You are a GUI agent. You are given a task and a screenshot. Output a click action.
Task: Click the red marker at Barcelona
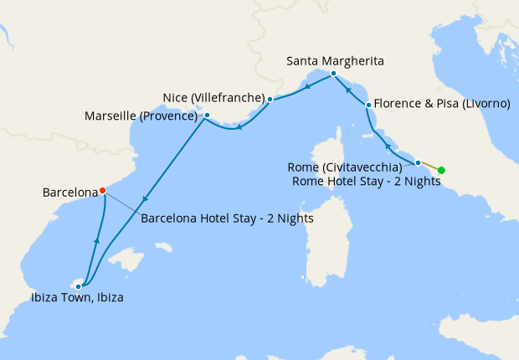coord(102,190)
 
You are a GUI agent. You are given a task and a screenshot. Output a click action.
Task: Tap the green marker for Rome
coord(442,171)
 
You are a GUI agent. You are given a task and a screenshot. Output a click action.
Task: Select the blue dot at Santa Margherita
coord(333,74)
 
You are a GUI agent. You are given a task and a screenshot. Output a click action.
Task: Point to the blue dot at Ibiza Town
coord(78,286)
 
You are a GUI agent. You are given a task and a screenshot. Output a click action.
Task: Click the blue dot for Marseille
coord(207,116)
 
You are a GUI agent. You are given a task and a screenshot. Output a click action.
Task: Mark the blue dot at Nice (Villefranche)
coord(270,99)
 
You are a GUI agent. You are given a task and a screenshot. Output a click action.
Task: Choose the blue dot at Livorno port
coord(368,105)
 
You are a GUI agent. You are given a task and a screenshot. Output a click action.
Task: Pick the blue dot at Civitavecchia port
coord(418,162)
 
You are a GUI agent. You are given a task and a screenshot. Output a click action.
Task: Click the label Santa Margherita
coord(335,61)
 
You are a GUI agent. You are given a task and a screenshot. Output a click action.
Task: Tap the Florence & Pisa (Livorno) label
coord(442,104)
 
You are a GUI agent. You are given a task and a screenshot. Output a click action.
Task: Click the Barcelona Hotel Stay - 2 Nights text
coord(227,219)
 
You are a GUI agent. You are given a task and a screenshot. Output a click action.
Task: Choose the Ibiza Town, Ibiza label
coord(77,297)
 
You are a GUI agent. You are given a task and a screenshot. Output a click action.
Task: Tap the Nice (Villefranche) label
coord(216,98)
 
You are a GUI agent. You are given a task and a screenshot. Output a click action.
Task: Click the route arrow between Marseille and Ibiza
coord(146,199)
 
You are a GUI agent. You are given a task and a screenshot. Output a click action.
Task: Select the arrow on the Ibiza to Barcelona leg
coord(97,240)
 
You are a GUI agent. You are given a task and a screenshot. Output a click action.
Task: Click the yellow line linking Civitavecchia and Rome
coord(429,166)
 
